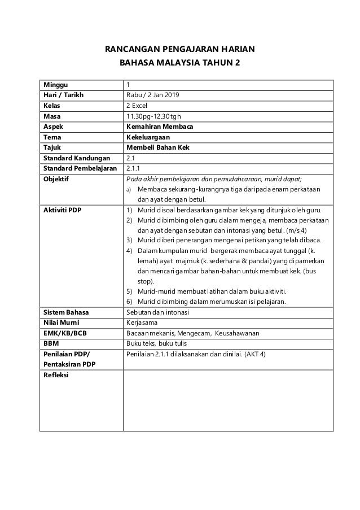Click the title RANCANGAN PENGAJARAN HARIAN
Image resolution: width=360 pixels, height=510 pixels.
point(180,49)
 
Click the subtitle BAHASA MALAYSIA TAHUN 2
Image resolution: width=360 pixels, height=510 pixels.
point(180,63)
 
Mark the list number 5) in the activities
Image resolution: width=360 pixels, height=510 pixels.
point(129,291)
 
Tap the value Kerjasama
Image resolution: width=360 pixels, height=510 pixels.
point(143,322)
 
